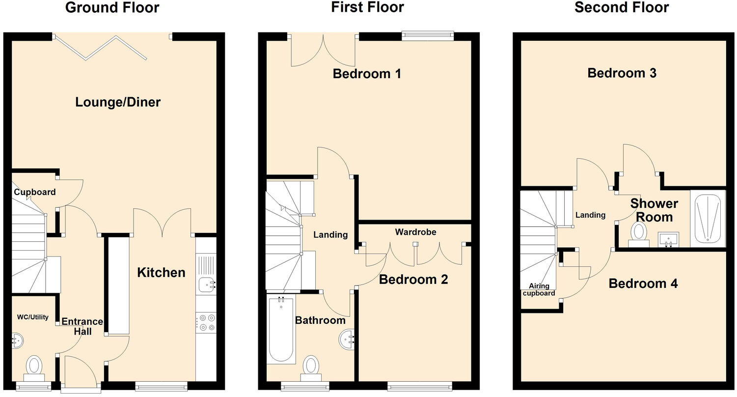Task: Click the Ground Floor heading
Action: pos(112,8)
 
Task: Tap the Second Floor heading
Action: pos(621,8)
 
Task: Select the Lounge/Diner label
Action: pos(118,102)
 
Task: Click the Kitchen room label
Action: pos(161,272)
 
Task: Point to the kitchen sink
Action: pos(206,284)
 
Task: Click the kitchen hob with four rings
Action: pos(206,323)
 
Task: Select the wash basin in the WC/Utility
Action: pos(17,340)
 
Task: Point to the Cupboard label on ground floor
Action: pos(34,192)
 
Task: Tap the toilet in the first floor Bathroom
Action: pos(310,367)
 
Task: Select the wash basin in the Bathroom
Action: pos(347,339)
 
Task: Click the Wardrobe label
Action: pos(415,232)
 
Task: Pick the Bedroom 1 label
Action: pos(367,74)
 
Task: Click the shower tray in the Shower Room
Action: pos(708,219)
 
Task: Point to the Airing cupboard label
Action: pos(539,289)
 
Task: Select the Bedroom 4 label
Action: pos(643,284)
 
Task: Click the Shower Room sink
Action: pos(668,240)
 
